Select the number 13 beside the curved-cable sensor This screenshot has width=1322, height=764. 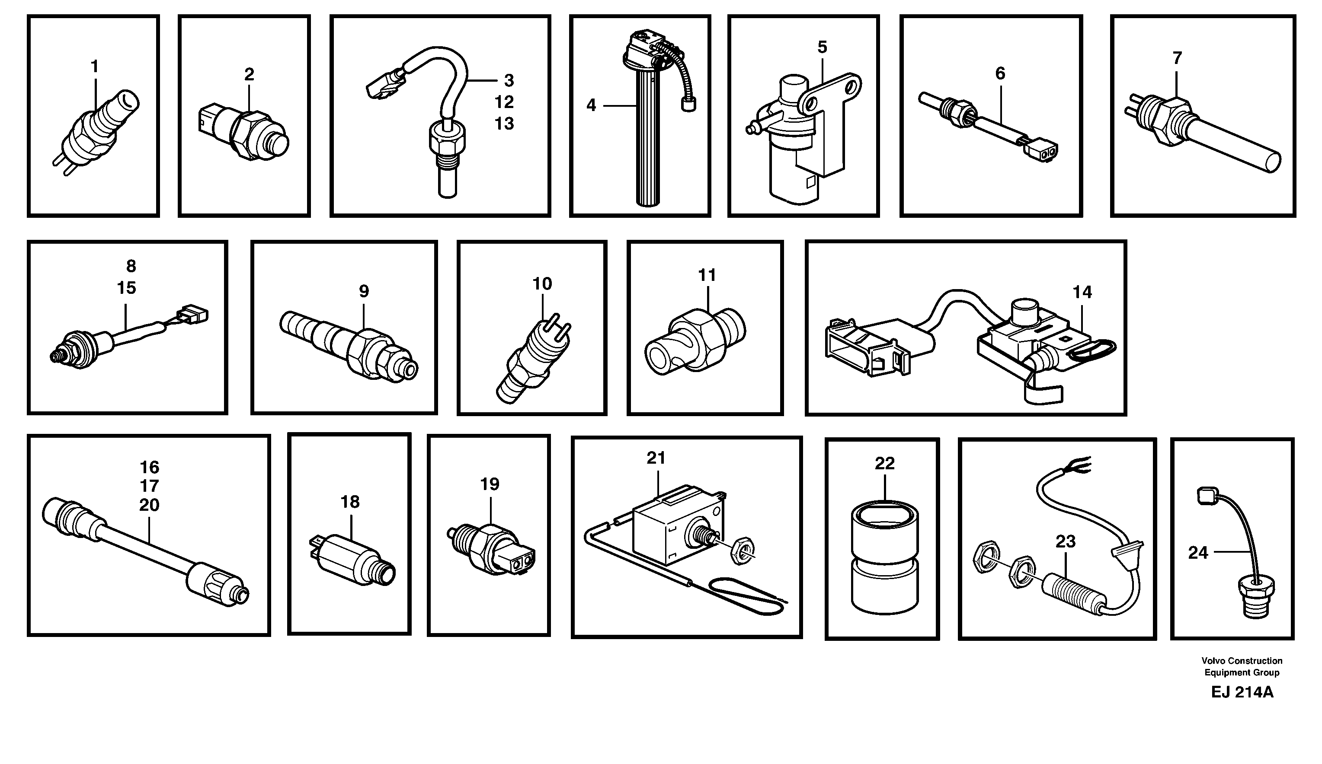[x=504, y=124]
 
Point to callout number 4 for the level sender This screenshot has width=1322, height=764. [x=591, y=105]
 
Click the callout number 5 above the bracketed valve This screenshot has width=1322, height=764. [x=822, y=47]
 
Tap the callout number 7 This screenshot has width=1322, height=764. [x=1177, y=58]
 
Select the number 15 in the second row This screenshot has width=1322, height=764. [x=126, y=288]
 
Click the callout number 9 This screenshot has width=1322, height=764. [x=364, y=291]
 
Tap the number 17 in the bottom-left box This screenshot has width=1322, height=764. [x=149, y=486]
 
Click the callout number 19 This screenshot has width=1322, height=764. [x=490, y=484]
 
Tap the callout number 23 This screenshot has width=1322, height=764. [x=1066, y=541]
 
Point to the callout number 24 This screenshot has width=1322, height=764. [x=1197, y=553]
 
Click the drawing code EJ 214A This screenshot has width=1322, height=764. [x=1242, y=692]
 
